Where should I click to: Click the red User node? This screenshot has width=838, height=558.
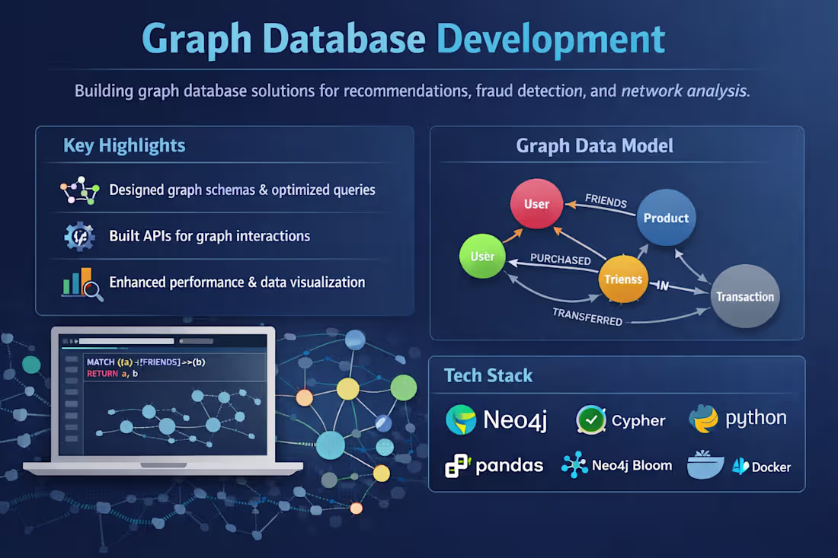tap(536, 203)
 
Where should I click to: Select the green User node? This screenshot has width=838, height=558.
tap(482, 257)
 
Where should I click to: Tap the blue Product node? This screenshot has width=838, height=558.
tap(666, 218)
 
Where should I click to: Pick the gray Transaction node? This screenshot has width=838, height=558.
tap(744, 296)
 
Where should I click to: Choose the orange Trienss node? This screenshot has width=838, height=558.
tap(623, 279)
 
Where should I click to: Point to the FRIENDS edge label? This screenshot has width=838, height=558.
tap(606, 202)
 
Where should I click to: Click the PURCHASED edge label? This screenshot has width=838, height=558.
tap(560, 260)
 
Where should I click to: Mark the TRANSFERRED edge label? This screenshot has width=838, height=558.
tap(587, 317)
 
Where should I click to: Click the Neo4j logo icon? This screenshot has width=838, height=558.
tap(461, 420)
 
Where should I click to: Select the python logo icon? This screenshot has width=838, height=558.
tap(702, 419)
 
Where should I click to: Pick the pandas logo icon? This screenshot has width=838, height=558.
tap(458, 465)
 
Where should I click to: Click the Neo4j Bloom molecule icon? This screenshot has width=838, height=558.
tap(574, 464)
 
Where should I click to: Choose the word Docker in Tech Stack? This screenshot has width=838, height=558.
tap(771, 467)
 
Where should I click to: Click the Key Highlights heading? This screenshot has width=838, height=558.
tap(124, 145)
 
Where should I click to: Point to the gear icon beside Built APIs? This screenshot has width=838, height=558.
tap(79, 237)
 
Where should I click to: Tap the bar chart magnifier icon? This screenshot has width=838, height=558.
tap(82, 283)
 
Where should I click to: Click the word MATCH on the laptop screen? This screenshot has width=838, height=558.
tap(101, 362)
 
